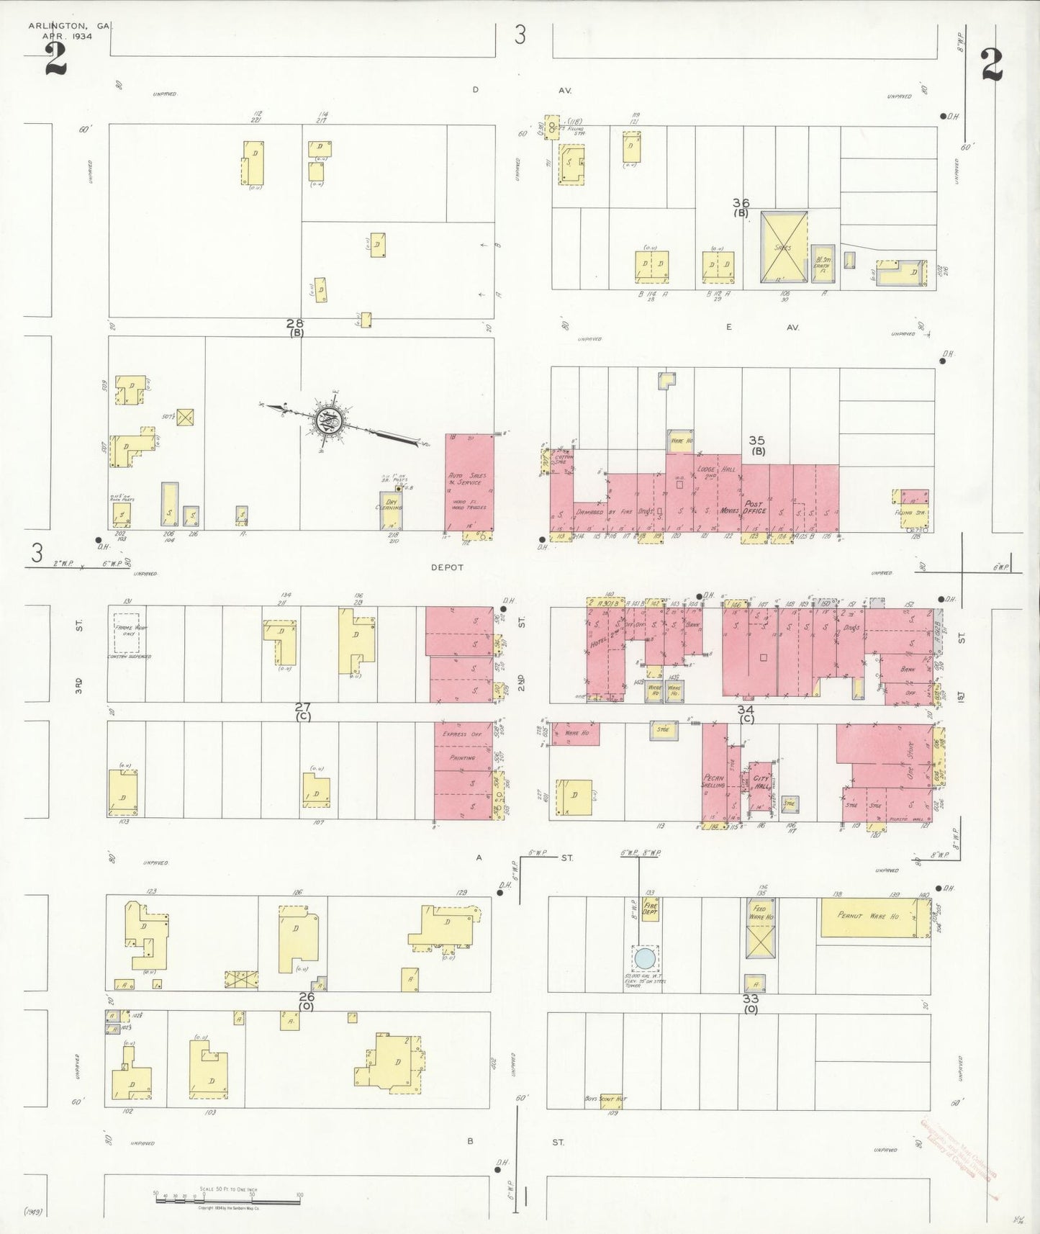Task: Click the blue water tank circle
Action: click(644, 958)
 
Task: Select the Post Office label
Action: click(754, 508)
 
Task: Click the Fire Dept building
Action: click(651, 909)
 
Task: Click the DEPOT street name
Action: click(447, 567)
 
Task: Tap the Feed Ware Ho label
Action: click(759, 913)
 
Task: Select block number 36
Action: click(741, 203)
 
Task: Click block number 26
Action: click(307, 996)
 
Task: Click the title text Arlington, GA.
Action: click(70, 26)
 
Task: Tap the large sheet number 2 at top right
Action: click(991, 65)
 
